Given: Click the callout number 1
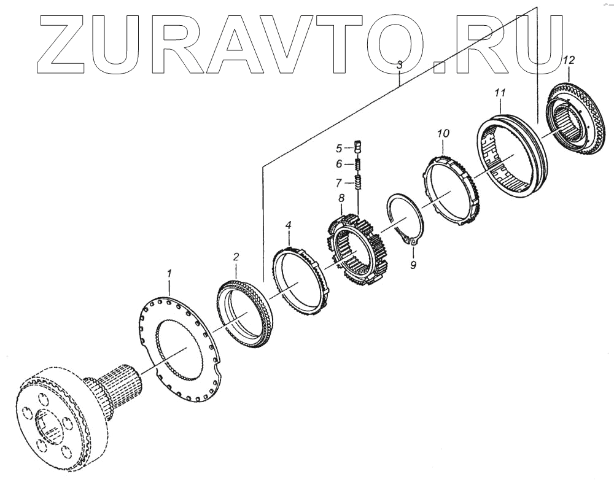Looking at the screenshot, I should coord(169,272).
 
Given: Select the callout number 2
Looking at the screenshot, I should coord(235,256).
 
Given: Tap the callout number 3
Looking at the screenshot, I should coord(399,64).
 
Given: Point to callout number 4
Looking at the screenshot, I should coord(288,226).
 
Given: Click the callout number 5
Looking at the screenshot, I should coord(338,148).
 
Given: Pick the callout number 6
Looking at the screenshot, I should coord(338,164).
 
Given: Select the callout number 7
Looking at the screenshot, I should coord(338,182).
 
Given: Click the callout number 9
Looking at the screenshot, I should coord(413,265).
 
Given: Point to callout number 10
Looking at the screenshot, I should coord(443,133).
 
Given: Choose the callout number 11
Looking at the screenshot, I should coord(500,93).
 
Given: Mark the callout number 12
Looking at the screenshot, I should coord(569,60).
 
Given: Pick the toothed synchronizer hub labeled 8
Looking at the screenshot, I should coord(358,249).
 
